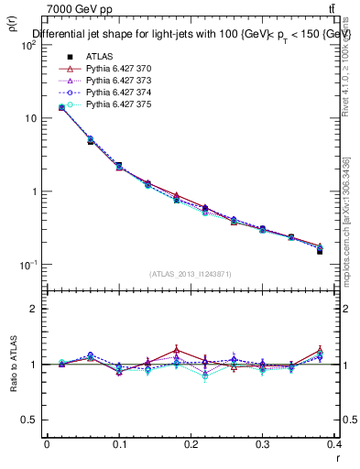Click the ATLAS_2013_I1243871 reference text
point(191,274)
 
